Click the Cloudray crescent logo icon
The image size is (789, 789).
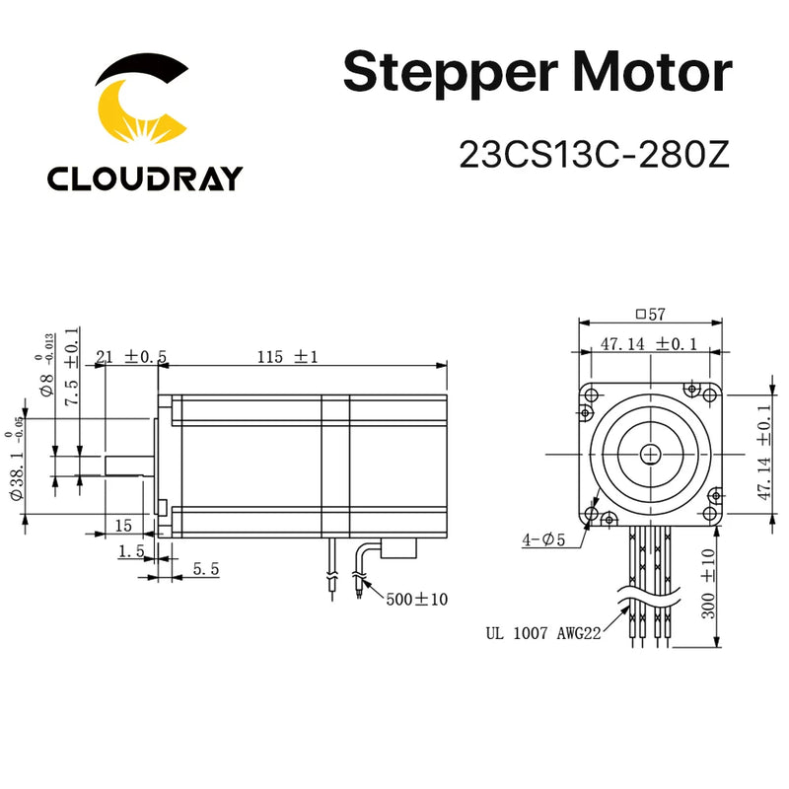pyautogui.click(x=144, y=104)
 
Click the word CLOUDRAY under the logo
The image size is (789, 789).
pyautogui.click(x=144, y=179)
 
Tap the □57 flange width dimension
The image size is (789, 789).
pyautogui.click(x=652, y=316)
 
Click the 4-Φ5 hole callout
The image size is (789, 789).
pyautogui.click(x=546, y=539)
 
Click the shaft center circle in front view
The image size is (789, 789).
pyautogui.click(x=651, y=453)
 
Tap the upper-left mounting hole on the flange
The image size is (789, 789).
pyautogui.click(x=592, y=394)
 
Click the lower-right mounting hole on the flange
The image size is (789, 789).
pyautogui.click(x=709, y=513)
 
